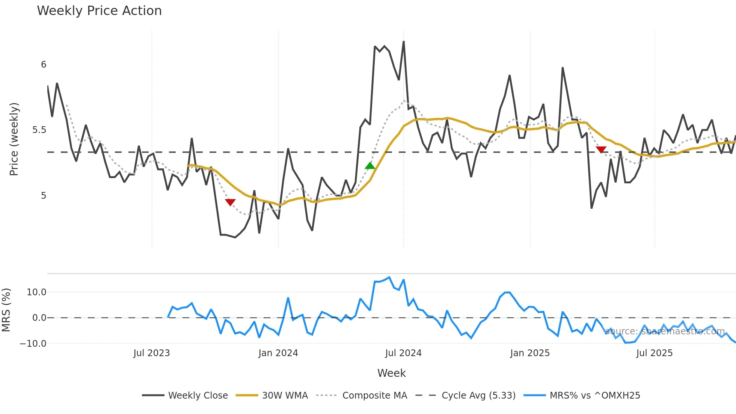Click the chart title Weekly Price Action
tap(99, 11)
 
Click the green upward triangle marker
tap(370, 166)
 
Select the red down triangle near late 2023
tap(230, 202)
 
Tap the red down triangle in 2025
tap(601, 150)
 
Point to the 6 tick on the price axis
tap(44, 65)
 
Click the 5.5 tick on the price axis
tap(39, 130)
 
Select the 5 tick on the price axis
tap(44, 196)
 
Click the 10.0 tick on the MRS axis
tap(36, 292)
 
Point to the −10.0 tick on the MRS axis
tap(33, 343)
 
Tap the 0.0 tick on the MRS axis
tap(39, 318)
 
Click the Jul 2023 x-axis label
tap(151, 353)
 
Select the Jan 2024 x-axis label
tap(278, 353)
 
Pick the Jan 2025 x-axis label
tap(530, 353)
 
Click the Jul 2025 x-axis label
tap(654, 353)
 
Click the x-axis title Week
tap(391, 373)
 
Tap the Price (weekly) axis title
tap(14, 139)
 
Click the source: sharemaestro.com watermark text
tap(665, 331)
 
